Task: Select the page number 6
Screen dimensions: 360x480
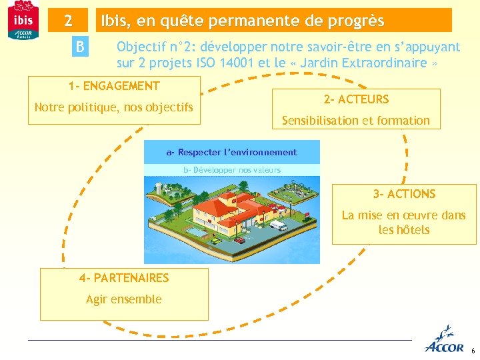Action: (473, 351)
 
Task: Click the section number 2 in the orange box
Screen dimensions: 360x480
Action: (68, 21)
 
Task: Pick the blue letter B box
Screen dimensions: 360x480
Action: (80, 47)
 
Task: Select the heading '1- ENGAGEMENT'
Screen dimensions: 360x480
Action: (114, 86)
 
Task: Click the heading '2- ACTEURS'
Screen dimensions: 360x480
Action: (356, 99)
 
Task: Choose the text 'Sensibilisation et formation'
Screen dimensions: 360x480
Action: (356, 121)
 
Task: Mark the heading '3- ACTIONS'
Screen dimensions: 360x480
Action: (404, 194)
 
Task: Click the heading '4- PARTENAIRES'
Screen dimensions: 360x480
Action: (124, 278)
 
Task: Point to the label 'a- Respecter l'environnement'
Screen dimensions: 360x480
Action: (231, 152)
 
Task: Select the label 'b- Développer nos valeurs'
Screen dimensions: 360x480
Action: (231, 170)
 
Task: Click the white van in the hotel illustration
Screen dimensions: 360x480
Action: (278, 227)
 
